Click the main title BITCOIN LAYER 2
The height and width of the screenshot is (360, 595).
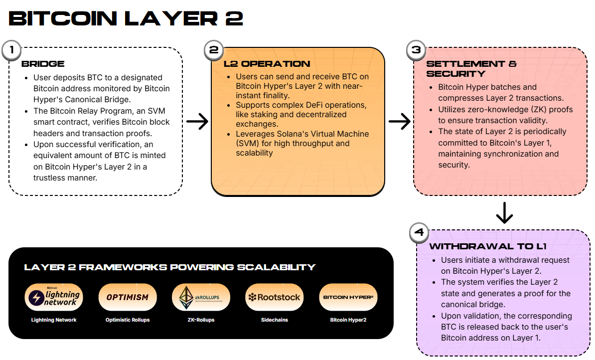pyautogui.click(x=126, y=18)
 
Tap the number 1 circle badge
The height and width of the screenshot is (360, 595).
pyautogui.click(x=11, y=50)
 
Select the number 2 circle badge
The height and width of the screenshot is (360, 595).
pyautogui.click(x=214, y=50)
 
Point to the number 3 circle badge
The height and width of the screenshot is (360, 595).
pyautogui.click(x=416, y=50)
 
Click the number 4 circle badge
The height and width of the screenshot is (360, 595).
pyautogui.click(x=419, y=233)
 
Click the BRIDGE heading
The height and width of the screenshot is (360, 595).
pyautogui.click(x=43, y=64)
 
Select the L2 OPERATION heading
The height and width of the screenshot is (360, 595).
pyautogui.click(x=267, y=64)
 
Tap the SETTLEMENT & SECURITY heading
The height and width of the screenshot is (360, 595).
pyautogui.click(x=471, y=68)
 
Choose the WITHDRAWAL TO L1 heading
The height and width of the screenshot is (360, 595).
pyautogui.click(x=488, y=246)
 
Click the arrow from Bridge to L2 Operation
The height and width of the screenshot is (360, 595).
pyautogui.click(x=197, y=121)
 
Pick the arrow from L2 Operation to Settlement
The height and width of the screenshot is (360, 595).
pyautogui.click(x=399, y=121)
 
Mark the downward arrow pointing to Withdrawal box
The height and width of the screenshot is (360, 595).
pyautogui.click(x=504, y=213)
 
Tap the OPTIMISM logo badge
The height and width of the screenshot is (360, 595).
pyautogui.click(x=128, y=297)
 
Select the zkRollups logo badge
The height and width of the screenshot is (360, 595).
pyautogui.click(x=201, y=297)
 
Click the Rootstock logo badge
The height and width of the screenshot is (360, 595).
pyautogui.click(x=274, y=297)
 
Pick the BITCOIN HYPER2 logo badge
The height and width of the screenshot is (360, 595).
pyautogui.click(x=348, y=297)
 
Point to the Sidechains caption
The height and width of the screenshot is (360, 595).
pyautogui.click(x=274, y=320)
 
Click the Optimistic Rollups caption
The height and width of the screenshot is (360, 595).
pyautogui.click(x=128, y=320)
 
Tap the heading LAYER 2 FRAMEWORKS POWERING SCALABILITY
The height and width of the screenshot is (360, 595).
pyautogui.click(x=169, y=267)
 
